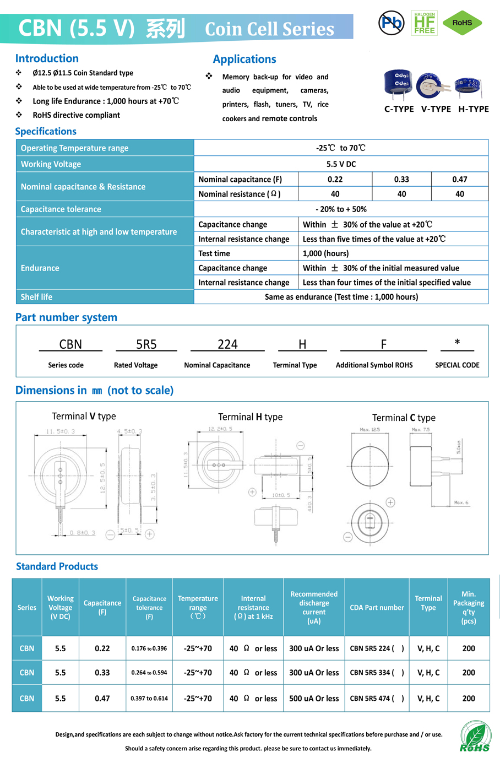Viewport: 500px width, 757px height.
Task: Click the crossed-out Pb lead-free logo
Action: click(x=392, y=23)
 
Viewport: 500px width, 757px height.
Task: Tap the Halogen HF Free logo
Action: click(x=424, y=23)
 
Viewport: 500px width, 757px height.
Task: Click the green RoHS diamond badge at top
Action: click(x=462, y=23)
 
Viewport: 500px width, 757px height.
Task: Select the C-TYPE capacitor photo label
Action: click(x=399, y=109)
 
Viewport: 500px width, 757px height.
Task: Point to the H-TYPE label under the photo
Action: click(x=474, y=109)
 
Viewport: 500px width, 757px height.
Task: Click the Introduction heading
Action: click(x=47, y=58)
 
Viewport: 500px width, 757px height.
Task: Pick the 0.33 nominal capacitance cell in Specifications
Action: click(x=401, y=179)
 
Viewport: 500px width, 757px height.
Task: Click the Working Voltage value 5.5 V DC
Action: click(x=341, y=164)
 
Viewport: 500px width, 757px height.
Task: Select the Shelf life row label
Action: click(x=37, y=297)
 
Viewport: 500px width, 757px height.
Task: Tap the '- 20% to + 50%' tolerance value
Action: click(x=341, y=209)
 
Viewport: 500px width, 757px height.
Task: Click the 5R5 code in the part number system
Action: click(x=146, y=344)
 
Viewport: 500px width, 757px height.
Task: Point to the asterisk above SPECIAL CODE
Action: click(x=457, y=343)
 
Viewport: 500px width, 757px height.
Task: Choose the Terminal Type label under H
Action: click(x=295, y=365)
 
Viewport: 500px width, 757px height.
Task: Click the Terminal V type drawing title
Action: click(x=84, y=417)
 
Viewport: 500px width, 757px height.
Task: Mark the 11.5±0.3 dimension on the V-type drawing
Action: click(x=60, y=431)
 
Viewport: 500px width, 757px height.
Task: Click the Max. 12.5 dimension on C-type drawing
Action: click(x=369, y=430)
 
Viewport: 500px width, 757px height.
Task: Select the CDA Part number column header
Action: click(x=377, y=608)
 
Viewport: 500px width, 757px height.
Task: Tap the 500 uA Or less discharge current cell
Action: click(x=314, y=699)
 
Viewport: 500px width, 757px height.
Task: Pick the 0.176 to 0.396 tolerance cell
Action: click(x=149, y=648)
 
